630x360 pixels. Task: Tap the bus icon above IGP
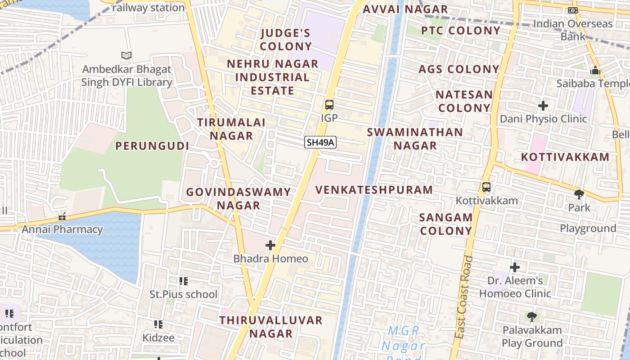329,105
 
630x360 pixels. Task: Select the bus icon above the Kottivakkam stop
486,187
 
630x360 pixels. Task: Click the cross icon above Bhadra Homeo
270,245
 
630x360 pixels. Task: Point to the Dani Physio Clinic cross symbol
543,106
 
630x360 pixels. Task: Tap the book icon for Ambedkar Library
127,56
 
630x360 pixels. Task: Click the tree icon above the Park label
579,194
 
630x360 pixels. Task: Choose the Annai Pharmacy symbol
62,216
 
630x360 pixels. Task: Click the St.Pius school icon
183,281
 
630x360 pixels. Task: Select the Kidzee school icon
158,324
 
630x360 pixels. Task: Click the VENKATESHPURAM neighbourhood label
374,190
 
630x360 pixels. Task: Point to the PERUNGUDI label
152,146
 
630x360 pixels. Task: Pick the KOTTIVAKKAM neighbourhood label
565,157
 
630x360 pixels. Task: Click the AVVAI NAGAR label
405,9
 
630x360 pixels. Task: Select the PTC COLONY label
460,31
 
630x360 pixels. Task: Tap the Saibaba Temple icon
595,71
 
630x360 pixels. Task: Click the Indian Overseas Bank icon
573,10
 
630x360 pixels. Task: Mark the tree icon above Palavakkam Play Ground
532,316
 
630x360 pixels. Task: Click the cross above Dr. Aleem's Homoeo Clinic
515,267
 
